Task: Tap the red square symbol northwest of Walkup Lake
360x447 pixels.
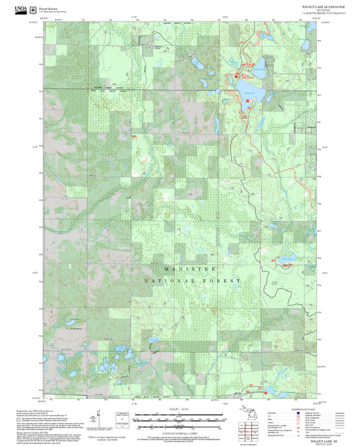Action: (236, 76)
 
